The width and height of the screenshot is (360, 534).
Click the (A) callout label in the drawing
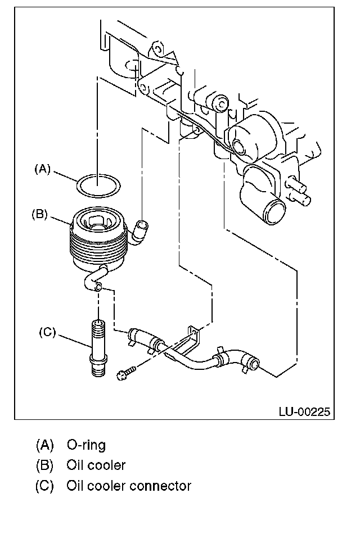[x=43, y=169]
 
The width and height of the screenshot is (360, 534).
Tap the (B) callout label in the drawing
[x=39, y=214]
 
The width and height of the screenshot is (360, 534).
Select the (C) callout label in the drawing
[x=47, y=332]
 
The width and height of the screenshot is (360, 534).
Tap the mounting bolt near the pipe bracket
[x=125, y=372]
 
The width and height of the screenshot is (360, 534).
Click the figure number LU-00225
[x=304, y=411]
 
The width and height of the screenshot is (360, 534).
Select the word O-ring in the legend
[x=86, y=445]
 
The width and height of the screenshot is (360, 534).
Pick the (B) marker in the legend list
[x=45, y=465]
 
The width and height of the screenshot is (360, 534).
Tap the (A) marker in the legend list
[x=45, y=445]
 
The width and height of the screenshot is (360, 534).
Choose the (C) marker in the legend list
[x=45, y=486]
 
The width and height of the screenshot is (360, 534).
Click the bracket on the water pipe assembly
[x=191, y=341]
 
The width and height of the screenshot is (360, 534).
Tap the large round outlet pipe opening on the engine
[x=277, y=212]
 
